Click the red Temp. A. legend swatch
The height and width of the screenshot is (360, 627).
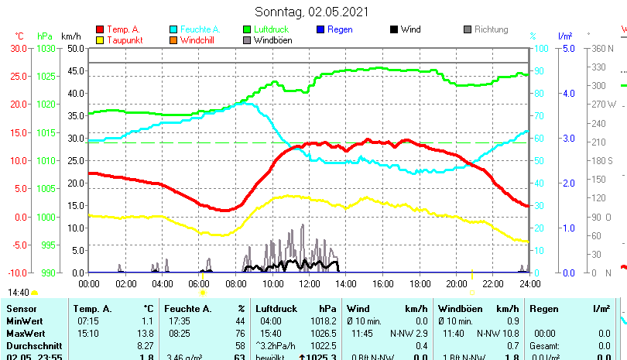99,29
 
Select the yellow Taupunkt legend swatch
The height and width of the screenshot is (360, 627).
99,40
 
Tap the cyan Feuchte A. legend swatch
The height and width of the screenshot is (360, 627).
173,29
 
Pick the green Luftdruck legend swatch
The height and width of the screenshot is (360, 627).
247,29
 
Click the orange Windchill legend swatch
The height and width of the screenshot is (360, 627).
173,40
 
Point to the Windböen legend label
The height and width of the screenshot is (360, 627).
272,40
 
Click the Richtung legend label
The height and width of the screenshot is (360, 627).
492,29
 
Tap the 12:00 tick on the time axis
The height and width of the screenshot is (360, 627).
309,283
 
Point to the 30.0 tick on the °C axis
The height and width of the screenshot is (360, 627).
19,48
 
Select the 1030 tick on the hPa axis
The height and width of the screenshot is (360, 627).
46,48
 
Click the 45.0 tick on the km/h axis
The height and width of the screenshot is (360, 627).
75,70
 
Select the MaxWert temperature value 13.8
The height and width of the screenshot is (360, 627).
145,333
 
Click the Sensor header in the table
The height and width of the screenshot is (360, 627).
21,308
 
